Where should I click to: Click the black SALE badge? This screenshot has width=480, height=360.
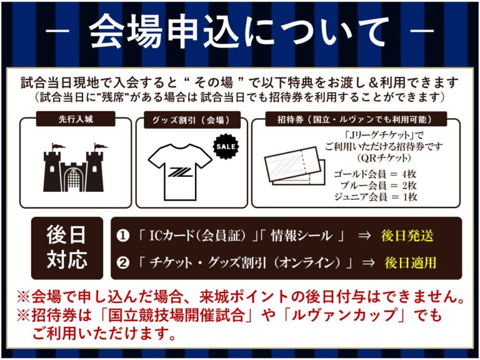226,146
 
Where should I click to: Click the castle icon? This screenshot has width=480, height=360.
74,167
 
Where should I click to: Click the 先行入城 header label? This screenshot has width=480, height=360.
76,119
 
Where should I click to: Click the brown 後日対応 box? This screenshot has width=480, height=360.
67,248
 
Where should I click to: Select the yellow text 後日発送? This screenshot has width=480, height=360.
407,236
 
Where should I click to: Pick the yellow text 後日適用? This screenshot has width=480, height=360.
410,262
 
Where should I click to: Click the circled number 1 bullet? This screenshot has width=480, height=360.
122,236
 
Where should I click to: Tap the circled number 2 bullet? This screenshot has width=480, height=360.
122,263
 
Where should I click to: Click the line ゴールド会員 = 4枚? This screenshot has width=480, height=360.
375,174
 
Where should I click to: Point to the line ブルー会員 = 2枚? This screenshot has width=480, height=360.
378,185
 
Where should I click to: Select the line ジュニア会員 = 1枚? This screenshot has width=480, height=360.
375,196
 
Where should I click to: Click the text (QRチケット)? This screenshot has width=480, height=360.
384,158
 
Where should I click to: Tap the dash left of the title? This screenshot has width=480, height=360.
57,31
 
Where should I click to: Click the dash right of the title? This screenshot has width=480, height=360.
422,31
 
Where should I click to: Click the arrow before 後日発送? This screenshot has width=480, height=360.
364,236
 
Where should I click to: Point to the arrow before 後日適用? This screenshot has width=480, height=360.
368,263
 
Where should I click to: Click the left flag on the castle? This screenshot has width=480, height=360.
57,147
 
